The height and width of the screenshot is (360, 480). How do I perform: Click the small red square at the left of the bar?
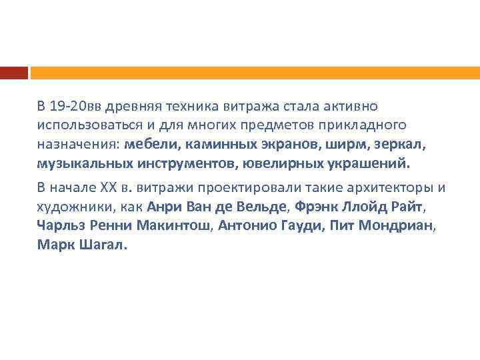(x=13, y=72)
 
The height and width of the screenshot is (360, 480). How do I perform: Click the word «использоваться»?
(x=83, y=125)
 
